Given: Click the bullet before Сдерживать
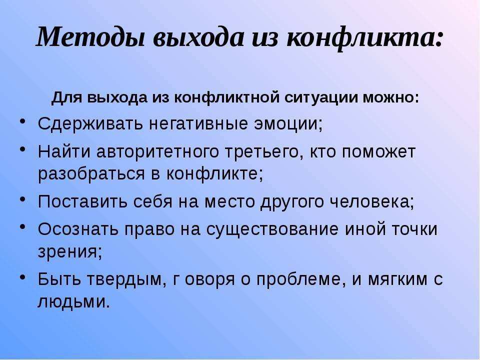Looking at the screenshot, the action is (22, 121).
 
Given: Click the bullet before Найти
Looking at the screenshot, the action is (22, 148).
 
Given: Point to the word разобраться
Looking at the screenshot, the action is (91, 174).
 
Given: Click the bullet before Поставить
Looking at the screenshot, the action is (22, 198).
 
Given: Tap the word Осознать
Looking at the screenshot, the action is (78, 229).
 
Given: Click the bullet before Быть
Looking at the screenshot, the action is (22, 276).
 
